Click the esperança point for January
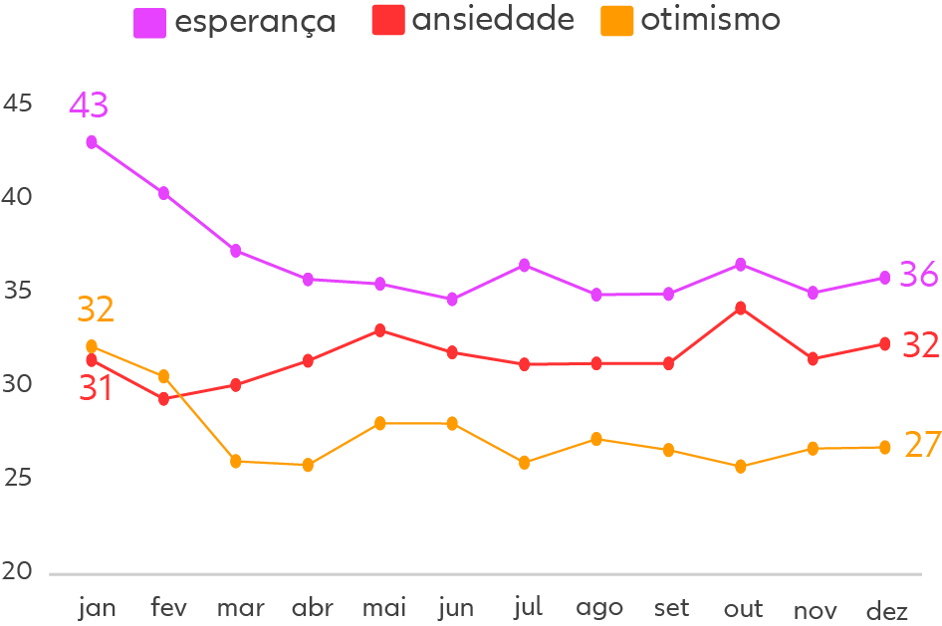(92, 142)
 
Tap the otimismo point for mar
(236, 461)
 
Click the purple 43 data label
(88, 104)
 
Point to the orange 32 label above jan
(96, 310)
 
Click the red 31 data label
(96, 388)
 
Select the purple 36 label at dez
(918, 274)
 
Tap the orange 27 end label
(922, 445)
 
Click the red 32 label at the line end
(920, 345)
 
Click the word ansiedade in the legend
(493, 20)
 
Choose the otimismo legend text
(710, 20)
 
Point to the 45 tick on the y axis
(18, 104)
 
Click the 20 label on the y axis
(18, 572)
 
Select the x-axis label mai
(383, 608)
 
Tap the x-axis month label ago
(599, 608)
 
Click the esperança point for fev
(163, 193)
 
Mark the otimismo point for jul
(525, 463)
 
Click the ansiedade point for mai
(379, 330)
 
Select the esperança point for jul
(524, 266)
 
